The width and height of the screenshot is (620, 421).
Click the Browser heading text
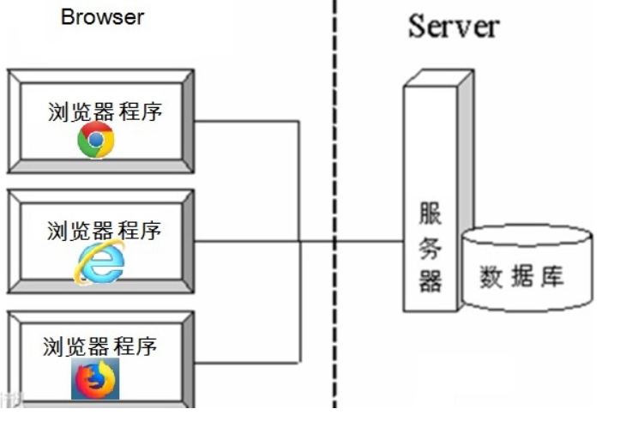pos(103,16)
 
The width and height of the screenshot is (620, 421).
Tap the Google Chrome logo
pos(95,140)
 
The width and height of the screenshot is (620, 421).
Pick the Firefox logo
pos(95,379)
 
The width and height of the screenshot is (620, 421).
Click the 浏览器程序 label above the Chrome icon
pos(105,112)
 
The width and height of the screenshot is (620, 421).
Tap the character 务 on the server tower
pos(430,248)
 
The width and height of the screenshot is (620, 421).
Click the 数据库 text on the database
pos(522,277)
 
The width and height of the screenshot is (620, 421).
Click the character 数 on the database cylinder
pos(491,277)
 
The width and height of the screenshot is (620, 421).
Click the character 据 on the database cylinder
pos(522,277)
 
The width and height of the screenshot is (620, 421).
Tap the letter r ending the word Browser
pos(141,17)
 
